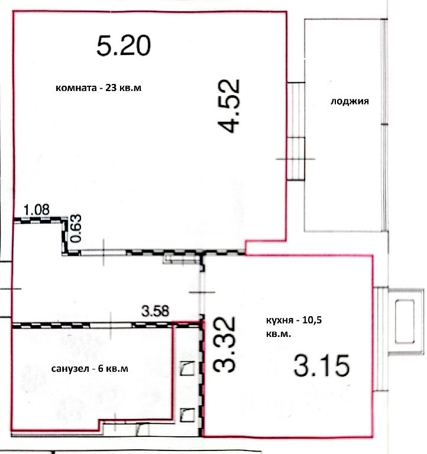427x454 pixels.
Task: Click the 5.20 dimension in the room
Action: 124,45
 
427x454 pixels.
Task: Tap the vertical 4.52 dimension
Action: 229,106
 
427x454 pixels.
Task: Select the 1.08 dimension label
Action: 37,209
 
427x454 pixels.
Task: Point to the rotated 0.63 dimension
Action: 76,228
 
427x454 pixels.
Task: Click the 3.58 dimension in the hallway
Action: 155,312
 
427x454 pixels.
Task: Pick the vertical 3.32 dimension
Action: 224,344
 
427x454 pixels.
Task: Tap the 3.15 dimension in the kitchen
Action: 322,365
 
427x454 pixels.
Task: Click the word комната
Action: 76,87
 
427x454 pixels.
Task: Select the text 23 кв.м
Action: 124,87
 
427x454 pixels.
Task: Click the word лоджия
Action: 350,101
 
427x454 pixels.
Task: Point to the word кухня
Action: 279,321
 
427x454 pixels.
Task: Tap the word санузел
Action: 70,369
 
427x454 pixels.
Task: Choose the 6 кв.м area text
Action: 113,369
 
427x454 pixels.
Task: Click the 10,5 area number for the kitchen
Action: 312,320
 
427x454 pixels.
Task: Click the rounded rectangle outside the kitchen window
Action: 405,322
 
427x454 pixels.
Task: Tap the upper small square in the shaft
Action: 187,368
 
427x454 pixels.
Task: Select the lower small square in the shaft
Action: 187,415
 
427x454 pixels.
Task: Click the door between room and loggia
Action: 296,131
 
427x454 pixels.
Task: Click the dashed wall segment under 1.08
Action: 38,220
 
